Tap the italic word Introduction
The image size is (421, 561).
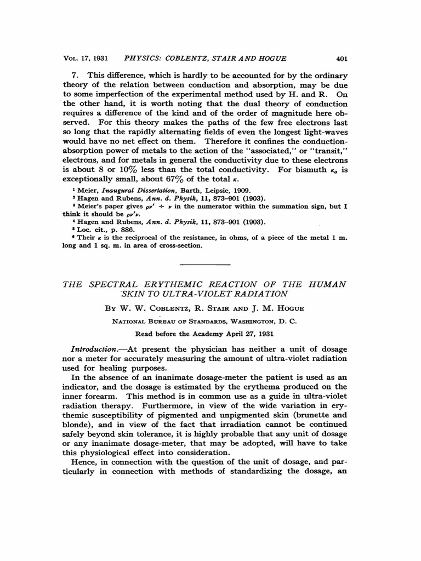[96, 349]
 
